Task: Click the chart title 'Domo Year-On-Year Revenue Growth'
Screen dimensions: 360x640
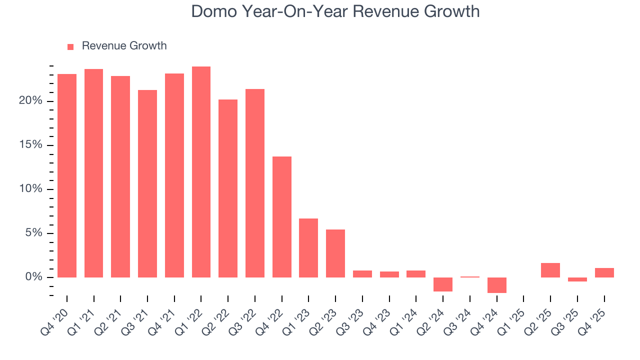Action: pos(335,11)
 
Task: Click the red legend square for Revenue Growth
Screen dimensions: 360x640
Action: pos(70,46)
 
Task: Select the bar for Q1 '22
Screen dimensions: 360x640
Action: pos(201,172)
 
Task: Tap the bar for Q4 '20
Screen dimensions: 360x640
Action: pos(67,175)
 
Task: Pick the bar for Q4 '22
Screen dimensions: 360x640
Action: pos(282,217)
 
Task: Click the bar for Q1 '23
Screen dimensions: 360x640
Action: pos(308,248)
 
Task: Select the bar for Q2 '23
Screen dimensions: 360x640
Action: pos(335,253)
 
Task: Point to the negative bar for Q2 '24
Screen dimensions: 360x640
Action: pos(443,284)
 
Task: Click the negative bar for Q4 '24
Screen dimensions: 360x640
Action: pos(497,285)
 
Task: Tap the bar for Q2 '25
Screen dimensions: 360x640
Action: pos(550,270)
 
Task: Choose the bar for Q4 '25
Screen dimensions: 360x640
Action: pos(604,273)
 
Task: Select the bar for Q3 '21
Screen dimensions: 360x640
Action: pos(147,183)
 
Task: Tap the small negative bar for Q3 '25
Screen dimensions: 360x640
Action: pos(577,279)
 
